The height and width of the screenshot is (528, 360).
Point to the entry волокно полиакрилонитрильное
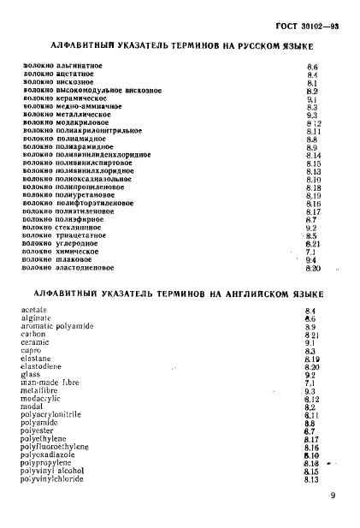click(x=78, y=130)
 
